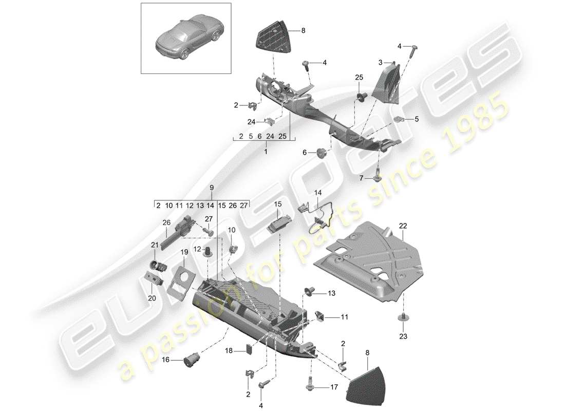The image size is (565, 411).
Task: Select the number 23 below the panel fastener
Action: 402,337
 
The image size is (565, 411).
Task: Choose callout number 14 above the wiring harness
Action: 318,193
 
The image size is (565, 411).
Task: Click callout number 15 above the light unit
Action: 278,204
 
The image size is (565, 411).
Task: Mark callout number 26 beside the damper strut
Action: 166,223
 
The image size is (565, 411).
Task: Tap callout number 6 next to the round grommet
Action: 304,152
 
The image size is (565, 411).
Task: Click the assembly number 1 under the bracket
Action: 266,152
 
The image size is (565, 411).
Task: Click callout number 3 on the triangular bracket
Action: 381,63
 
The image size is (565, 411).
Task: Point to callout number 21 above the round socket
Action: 154,246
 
